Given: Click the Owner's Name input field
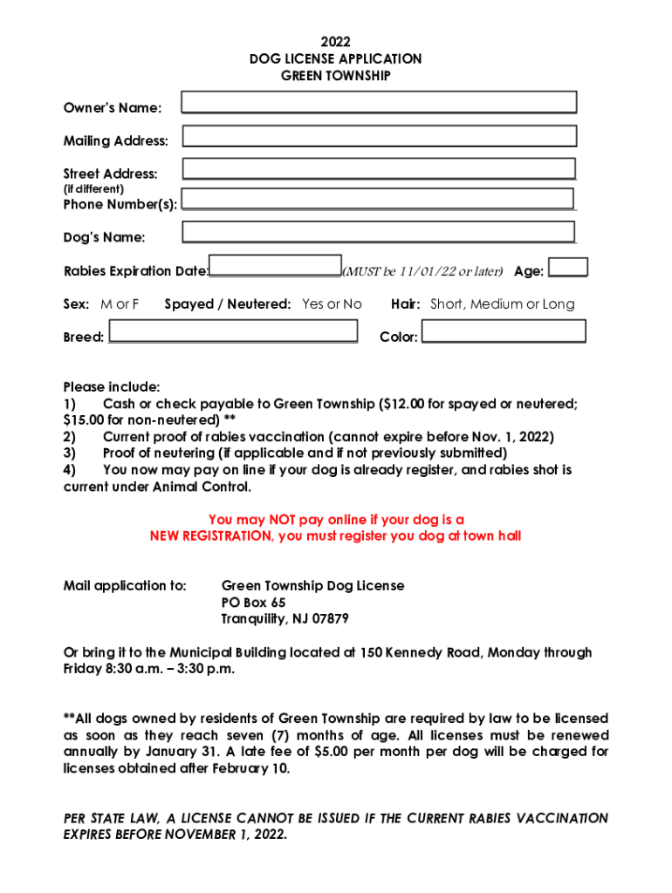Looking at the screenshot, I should click(379, 103).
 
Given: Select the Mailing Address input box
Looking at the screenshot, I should click(379, 136).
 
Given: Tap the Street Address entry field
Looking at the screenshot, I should click(379, 168).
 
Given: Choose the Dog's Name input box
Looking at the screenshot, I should click(379, 232).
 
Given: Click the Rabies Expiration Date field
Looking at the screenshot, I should click(275, 266).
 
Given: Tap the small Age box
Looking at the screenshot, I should click(568, 267).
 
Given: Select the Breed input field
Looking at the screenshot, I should click(232, 331).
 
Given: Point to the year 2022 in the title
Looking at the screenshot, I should click(335, 41).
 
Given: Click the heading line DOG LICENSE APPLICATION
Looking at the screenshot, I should click(335, 58).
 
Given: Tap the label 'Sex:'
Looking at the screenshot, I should click(76, 304).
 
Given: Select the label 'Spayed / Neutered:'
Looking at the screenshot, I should click(228, 304).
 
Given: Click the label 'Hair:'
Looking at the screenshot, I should click(407, 304).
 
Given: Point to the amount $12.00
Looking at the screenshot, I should click(407, 404).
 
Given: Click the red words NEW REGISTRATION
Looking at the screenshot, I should click(209, 536).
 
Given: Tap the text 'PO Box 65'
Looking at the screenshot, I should click(253, 603).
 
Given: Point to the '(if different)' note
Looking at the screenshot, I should click(93, 188).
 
